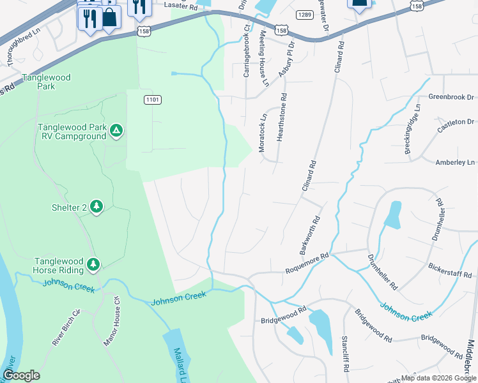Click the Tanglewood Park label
point(45,81)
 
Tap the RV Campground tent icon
point(116,131)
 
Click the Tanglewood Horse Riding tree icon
point(93,264)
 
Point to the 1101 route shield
point(153,100)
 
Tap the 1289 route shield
point(304,13)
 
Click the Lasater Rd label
point(180,6)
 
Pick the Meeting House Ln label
point(263,58)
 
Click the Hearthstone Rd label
point(283,117)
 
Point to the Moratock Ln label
point(261,133)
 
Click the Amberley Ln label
point(453,163)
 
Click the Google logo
point(21,375)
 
